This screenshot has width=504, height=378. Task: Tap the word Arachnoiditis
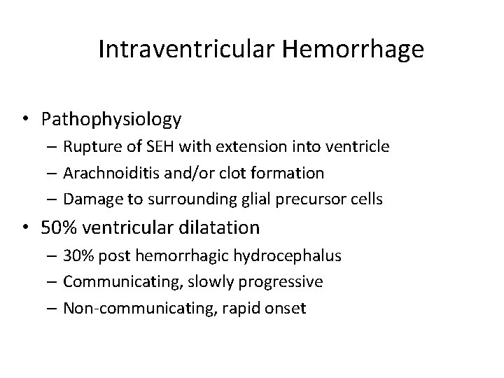pos(108,173)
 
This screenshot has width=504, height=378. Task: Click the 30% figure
pos(77,256)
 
